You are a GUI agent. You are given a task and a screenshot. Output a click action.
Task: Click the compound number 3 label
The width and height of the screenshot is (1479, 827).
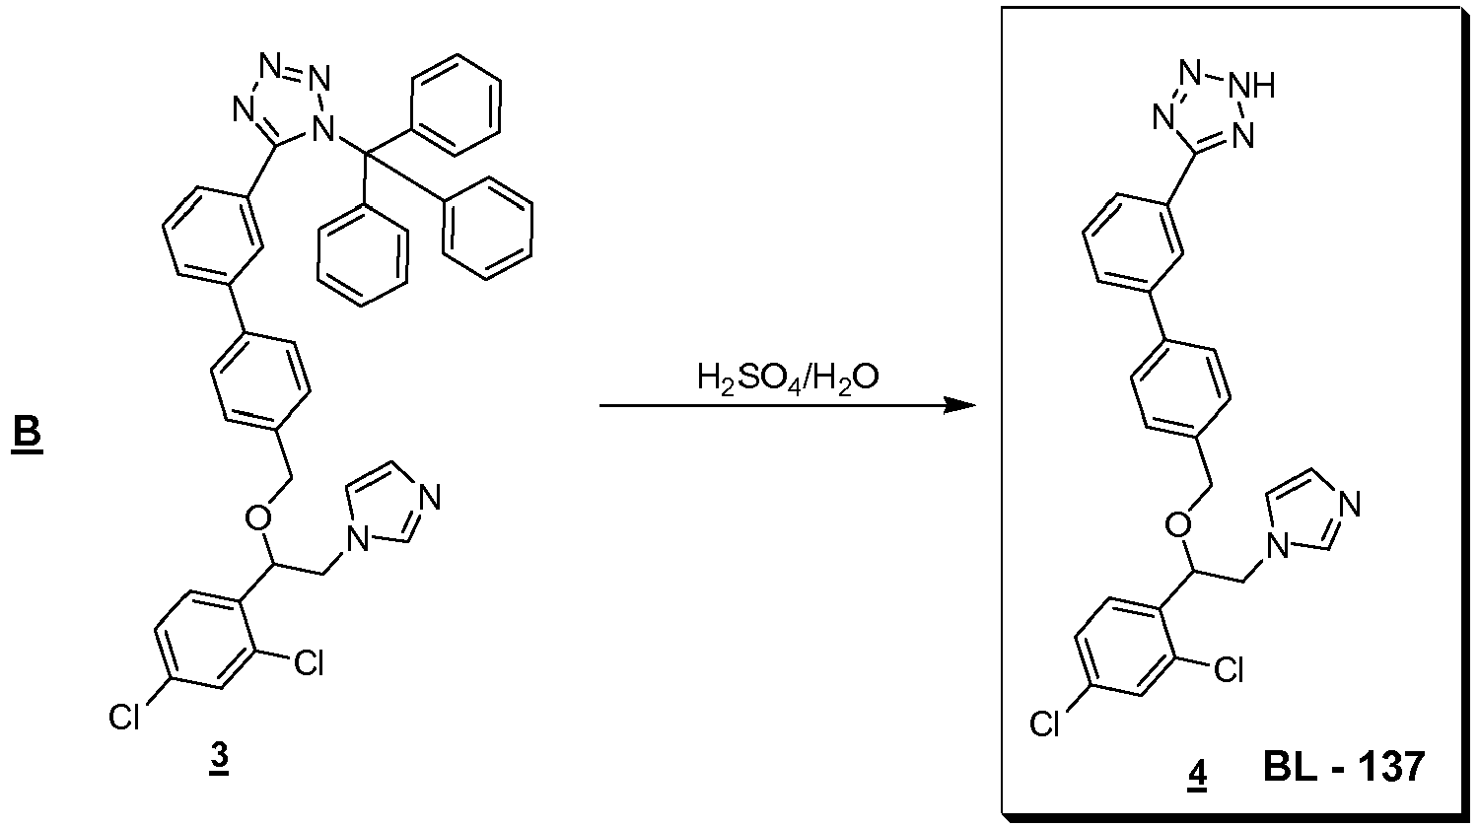219,758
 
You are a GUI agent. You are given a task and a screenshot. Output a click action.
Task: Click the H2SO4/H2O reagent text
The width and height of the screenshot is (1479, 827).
788,379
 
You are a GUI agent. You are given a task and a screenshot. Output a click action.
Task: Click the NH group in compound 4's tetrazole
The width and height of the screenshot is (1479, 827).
1254,87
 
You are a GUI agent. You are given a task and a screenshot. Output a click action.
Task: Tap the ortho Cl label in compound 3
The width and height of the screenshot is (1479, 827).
309,662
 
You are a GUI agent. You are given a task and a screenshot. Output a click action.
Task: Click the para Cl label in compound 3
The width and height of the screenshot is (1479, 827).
125,718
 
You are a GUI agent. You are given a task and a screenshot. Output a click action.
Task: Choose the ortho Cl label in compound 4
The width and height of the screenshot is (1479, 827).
1229,669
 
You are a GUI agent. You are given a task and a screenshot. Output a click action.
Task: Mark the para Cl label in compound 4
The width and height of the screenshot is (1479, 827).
1045,724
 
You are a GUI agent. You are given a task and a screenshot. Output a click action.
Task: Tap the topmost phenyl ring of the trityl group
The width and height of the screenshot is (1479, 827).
456,104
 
